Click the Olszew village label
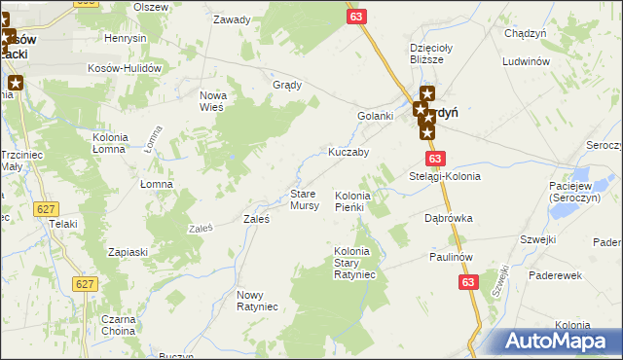point(152,7)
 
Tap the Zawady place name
point(232,19)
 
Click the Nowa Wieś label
point(211,100)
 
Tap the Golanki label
point(374,117)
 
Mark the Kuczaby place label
point(348,153)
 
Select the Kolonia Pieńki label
point(348,201)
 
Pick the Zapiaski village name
point(128,252)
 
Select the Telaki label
point(64,224)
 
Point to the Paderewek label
point(555,275)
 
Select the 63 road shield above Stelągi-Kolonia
point(434,159)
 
